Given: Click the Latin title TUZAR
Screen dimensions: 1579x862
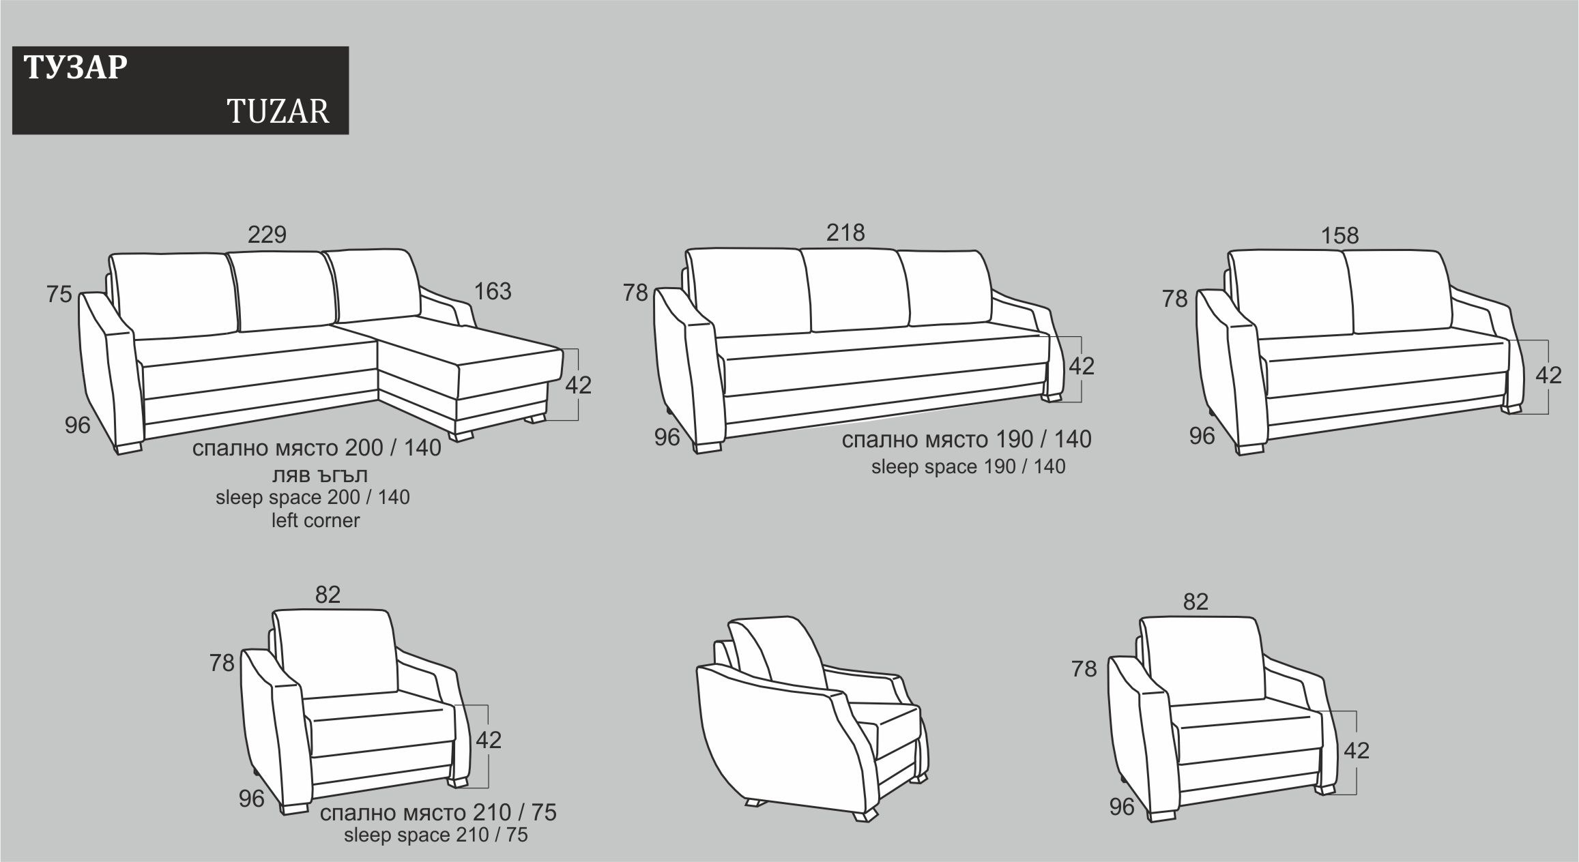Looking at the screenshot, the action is click(x=278, y=111).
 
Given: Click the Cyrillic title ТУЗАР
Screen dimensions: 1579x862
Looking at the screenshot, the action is click(x=75, y=68).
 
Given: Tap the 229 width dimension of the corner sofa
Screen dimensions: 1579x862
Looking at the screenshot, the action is click(x=267, y=235).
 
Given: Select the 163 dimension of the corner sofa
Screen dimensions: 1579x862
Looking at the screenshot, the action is click(x=493, y=291).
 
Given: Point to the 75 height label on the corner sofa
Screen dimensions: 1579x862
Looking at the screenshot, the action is click(x=59, y=295).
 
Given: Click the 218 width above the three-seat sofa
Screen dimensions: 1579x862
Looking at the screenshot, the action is click(x=845, y=233).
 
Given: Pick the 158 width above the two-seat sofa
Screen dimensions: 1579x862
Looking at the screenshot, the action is click(x=1340, y=235).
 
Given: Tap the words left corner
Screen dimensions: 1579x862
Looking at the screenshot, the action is click(x=315, y=520).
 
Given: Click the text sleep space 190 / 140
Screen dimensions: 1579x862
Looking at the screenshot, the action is click(x=968, y=466).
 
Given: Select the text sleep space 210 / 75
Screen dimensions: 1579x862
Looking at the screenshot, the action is click(x=436, y=835).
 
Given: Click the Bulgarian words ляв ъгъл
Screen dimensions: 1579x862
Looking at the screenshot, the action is click(x=315, y=475).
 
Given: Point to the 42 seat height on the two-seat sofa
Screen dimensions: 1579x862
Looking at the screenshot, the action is click(x=1548, y=375).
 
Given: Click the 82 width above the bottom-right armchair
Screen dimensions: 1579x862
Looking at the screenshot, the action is click(x=1196, y=601).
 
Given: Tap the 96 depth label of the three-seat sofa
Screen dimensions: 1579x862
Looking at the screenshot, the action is click(x=667, y=437).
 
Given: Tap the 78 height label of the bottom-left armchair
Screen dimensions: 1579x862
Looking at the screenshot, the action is click(x=222, y=663).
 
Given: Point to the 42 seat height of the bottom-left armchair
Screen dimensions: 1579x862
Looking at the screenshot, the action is click(x=489, y=740).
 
